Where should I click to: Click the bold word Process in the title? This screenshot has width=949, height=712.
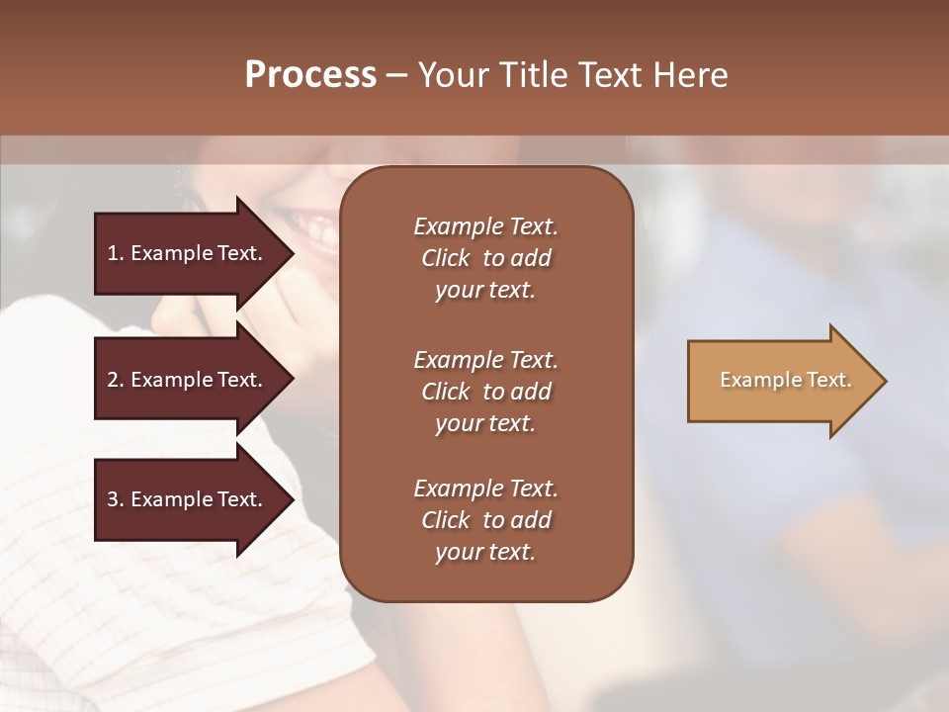tap(310, 75)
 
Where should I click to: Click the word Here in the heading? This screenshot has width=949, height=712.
tap(690, 75)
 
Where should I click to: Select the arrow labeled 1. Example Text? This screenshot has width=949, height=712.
tap(188, 253)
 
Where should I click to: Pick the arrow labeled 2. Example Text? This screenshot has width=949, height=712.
tap(188, 380)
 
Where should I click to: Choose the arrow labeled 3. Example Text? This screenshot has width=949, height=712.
tap(188, 499)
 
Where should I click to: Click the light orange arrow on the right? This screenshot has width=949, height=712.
tap(781, 381)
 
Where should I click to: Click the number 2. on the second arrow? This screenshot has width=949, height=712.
tap(116, 380)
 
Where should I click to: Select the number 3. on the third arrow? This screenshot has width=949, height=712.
tap(116, 499)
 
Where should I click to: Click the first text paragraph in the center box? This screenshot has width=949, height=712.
tap(485, 258)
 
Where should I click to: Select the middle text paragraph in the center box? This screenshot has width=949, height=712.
tap(485, 392)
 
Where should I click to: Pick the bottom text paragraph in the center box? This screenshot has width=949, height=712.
tap(485, 520)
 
